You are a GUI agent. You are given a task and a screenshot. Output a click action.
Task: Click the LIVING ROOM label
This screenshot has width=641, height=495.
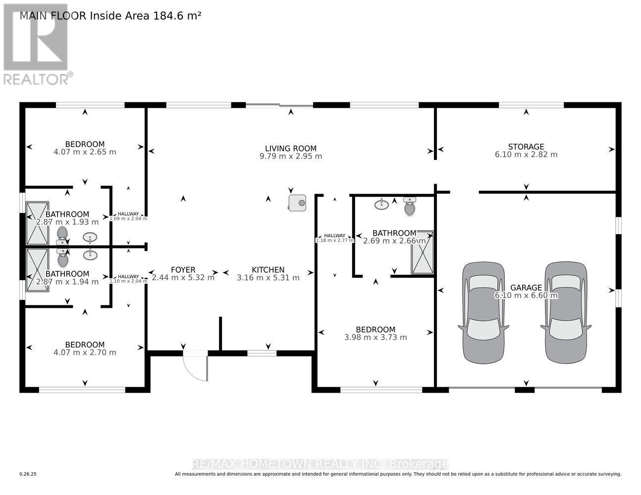[x=290, y=148]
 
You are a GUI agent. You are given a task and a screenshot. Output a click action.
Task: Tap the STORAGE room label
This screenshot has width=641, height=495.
[x=526, y=147]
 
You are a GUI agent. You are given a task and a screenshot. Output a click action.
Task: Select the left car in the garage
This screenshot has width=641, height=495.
[x=483, y=313]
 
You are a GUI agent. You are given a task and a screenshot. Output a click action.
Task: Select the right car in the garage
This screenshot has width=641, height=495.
[x=566, y=313]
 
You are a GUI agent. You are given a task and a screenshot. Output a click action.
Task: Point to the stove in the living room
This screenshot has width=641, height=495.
[x=297, y=202]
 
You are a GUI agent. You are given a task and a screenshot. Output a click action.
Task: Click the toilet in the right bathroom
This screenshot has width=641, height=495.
[x=409, y=206]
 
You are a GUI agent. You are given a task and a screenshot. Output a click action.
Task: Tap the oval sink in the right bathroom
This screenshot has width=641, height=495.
[x=381, y=204]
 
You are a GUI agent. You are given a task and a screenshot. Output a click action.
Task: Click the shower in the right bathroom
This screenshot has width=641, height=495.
[x=422, y=252]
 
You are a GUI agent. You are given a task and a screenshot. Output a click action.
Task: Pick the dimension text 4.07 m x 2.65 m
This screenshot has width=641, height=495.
[x=85, y=152]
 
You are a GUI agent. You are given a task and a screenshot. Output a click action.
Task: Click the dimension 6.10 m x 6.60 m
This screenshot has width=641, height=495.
[x=526, y=296]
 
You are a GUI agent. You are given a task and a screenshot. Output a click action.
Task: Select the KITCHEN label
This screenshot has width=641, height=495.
[x=268, y=270]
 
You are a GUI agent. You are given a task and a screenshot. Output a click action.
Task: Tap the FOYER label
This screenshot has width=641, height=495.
[x=183, y=270]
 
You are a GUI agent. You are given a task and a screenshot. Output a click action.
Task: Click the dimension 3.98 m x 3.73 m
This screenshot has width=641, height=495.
[x=375, y=338]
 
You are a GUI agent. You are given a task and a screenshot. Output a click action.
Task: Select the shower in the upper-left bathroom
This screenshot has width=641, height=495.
[x=38, y=223]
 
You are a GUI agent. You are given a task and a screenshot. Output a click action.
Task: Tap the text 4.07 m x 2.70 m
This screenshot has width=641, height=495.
[x=85, y=352]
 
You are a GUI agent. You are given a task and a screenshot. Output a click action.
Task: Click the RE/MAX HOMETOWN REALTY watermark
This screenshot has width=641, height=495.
[x=320, y=464]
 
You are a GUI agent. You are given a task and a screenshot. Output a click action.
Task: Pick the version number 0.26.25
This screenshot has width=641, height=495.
[x=28, y=474]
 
